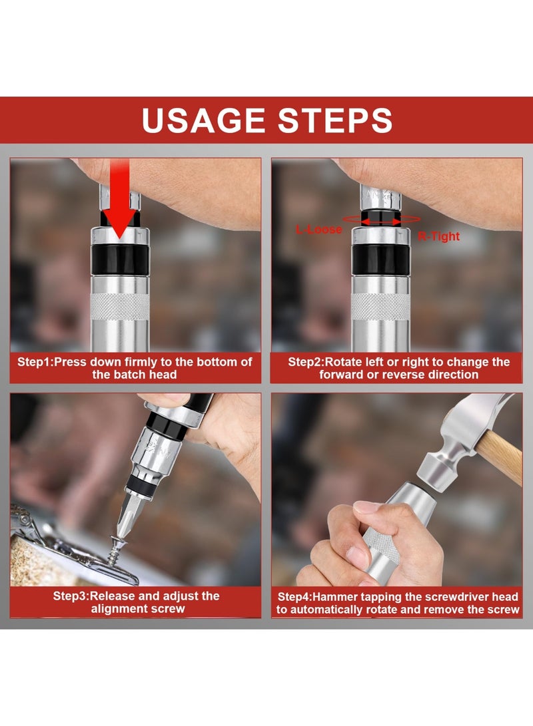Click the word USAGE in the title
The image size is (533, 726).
click(x=204, y=120)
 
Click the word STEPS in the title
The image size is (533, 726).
click(x=335, y=120)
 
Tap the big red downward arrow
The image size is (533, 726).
click(x=119, y=199)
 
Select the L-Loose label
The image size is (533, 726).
click(x=319, y=229)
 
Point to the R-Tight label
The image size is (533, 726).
click(x=438, y=236)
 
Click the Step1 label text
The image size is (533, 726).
click(x=135, y=368)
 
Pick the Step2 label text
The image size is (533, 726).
click(x=398, y=368)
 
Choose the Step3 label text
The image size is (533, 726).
click(x=137, y=602)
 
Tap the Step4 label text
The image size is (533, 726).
click(x=398, y=603)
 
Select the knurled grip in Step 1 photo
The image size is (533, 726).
click(x=119, y=307)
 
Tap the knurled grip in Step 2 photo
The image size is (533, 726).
click(x=380, y=307)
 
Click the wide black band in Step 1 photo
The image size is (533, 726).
click(x=120, y=260)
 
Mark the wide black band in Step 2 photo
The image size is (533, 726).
click(x=380, y=260)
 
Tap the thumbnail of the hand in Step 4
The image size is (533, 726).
click(x=366, y=506)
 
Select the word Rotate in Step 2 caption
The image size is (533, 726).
click(x=343, y=361)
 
